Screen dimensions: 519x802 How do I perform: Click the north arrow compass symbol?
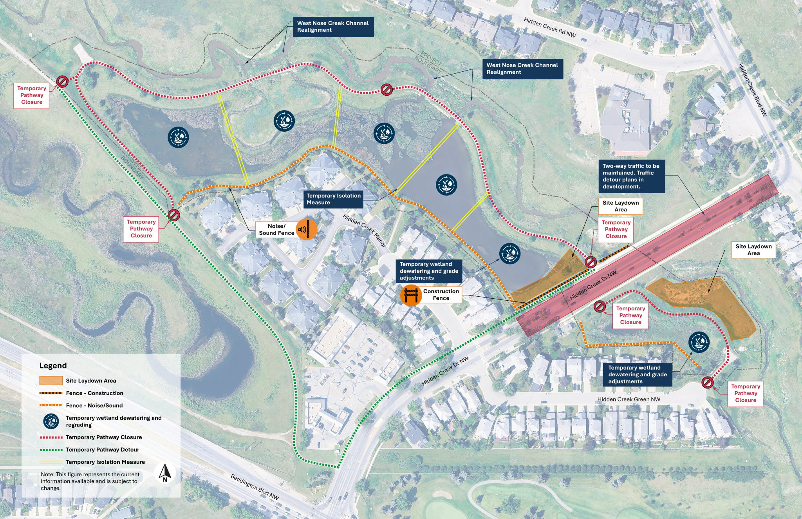(x=165, y=473)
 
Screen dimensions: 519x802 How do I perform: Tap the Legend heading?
(x=53, y=365)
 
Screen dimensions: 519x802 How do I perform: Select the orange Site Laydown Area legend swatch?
(x=51, y=381)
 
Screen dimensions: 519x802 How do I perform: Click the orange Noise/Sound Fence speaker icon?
(x=306, y=229)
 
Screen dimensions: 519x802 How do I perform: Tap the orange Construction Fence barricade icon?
(x=411, y=295)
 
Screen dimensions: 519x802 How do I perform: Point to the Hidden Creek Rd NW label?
(x=550, y=27)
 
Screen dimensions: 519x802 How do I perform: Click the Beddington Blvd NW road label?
(x=255, y=487)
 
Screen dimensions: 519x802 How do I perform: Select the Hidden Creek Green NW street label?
(x=629, y=399)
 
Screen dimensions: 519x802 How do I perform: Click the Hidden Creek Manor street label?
(x=364, y=230)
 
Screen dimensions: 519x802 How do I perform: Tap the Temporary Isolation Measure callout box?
(x=333, y=199)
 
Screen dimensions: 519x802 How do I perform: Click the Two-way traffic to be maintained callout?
(x=631, y=176)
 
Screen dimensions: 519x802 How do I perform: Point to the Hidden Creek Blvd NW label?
(x=753, y=90)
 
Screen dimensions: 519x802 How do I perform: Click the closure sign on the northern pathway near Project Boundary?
(x=387, y=89)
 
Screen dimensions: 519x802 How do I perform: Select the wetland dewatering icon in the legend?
(x=51, y=421)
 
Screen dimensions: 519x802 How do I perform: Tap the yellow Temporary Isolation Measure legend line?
(x=51, y=462)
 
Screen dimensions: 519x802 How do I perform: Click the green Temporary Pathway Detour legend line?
(x=51, y=450)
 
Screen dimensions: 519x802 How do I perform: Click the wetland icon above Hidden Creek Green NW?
(x=699, y=342)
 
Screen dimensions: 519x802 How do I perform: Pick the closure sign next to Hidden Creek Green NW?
(x=707, y=382)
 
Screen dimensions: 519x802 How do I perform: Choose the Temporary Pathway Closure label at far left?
(x=31, y=95)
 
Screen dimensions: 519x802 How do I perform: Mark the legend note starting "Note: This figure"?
(x=90, y=481)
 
